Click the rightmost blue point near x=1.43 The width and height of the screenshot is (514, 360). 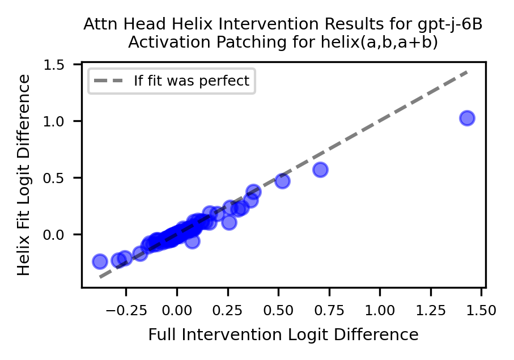click(467, 118)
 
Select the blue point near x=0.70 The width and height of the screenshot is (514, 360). click(320, 170)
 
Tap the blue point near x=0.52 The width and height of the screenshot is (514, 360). click(282, 181)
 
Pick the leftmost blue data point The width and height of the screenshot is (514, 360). click(100, 261)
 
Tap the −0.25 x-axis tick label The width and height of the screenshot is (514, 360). click(126, 310)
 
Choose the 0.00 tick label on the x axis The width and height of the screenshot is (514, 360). click(177, 310)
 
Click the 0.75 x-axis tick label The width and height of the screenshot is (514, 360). click(329, 310)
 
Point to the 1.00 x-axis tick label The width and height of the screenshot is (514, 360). click(380, 310)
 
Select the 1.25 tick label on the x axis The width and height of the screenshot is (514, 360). click(431, 310)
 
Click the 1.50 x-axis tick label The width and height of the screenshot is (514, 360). click(481, 310)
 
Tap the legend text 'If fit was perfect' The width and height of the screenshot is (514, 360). click(192, 81)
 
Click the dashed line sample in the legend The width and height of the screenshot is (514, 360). click(108, 81)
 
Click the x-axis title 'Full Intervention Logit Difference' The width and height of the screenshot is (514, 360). click(283, 334)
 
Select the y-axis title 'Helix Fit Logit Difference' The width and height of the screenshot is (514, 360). click(24, 175)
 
